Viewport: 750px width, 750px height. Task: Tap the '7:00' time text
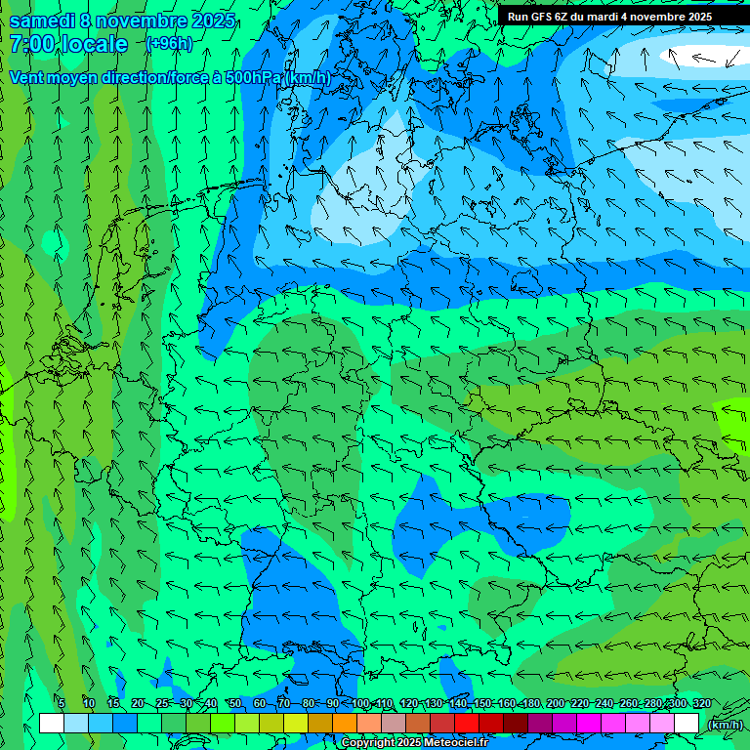(x=32, y=44)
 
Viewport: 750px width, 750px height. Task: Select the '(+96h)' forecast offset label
(x=169, y=43)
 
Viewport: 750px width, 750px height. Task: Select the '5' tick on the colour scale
(x=62, y=703)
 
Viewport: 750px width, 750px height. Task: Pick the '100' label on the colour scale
(x=360, y=703)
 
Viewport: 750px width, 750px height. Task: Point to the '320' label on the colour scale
(x=701, y=703)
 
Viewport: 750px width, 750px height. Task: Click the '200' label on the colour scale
(x=556, y=703)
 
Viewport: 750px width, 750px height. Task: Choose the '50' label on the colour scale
(x=234, y=703)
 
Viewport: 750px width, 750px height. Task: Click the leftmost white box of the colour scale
(x=52, y=723)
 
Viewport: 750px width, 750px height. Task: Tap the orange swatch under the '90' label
(x=345, y=723)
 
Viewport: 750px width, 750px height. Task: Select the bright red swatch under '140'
(x=467, y=723)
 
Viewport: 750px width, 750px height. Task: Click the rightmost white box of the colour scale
(x=687, y=723)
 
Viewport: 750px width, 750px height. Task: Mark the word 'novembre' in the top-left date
(x=146, y=20)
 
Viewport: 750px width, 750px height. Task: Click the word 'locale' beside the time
(x=94, y=44)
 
